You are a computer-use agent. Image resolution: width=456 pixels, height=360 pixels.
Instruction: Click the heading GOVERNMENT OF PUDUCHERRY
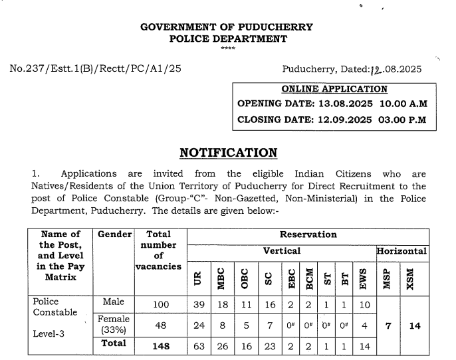click(227, 27)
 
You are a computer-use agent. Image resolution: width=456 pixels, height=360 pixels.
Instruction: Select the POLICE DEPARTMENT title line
click(228, 39)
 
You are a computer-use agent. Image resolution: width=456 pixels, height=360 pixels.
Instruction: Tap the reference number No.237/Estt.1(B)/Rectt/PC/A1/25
click(96, 68)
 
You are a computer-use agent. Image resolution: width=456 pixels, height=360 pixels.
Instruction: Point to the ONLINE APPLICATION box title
click(334, 89)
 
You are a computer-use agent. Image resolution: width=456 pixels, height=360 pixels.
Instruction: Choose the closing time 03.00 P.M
click(403, 120)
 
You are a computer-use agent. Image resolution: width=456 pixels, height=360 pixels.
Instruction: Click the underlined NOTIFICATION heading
click(228, 153)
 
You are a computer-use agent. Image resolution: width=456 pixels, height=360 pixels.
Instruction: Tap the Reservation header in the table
click(308, 234)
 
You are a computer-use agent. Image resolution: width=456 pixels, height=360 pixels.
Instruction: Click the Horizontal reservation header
click(401, 251)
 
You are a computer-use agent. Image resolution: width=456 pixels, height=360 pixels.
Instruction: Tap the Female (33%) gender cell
click(114, 323)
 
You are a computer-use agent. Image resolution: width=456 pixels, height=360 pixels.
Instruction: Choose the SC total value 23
click(268, 345)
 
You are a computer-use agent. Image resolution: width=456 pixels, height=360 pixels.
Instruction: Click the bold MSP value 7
click(388, 326)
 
